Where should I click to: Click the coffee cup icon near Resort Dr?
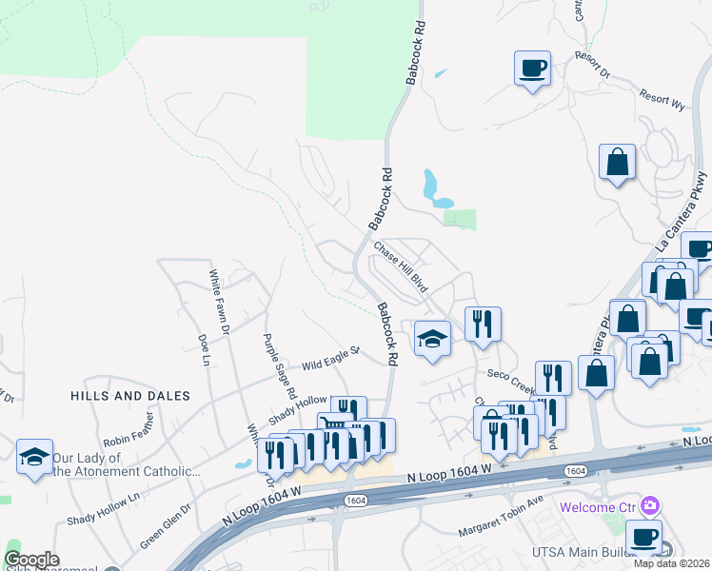pyautogui.click(x=531, y=69)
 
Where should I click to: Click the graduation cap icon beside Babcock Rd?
pyautogui.click(x=432, y=339)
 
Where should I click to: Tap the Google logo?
pyautogui.click(x=31, y=560)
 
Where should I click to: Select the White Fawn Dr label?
pyautogui.click(x=220, y=302)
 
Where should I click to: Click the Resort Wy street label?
pyautogui.click(x=662, y=97)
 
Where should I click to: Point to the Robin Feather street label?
pyautogui.click(x=129, y=433)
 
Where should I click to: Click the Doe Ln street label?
pyautogui.click(x=203, y=348)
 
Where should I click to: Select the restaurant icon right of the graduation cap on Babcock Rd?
pyautogui.click(x=483, y=324)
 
